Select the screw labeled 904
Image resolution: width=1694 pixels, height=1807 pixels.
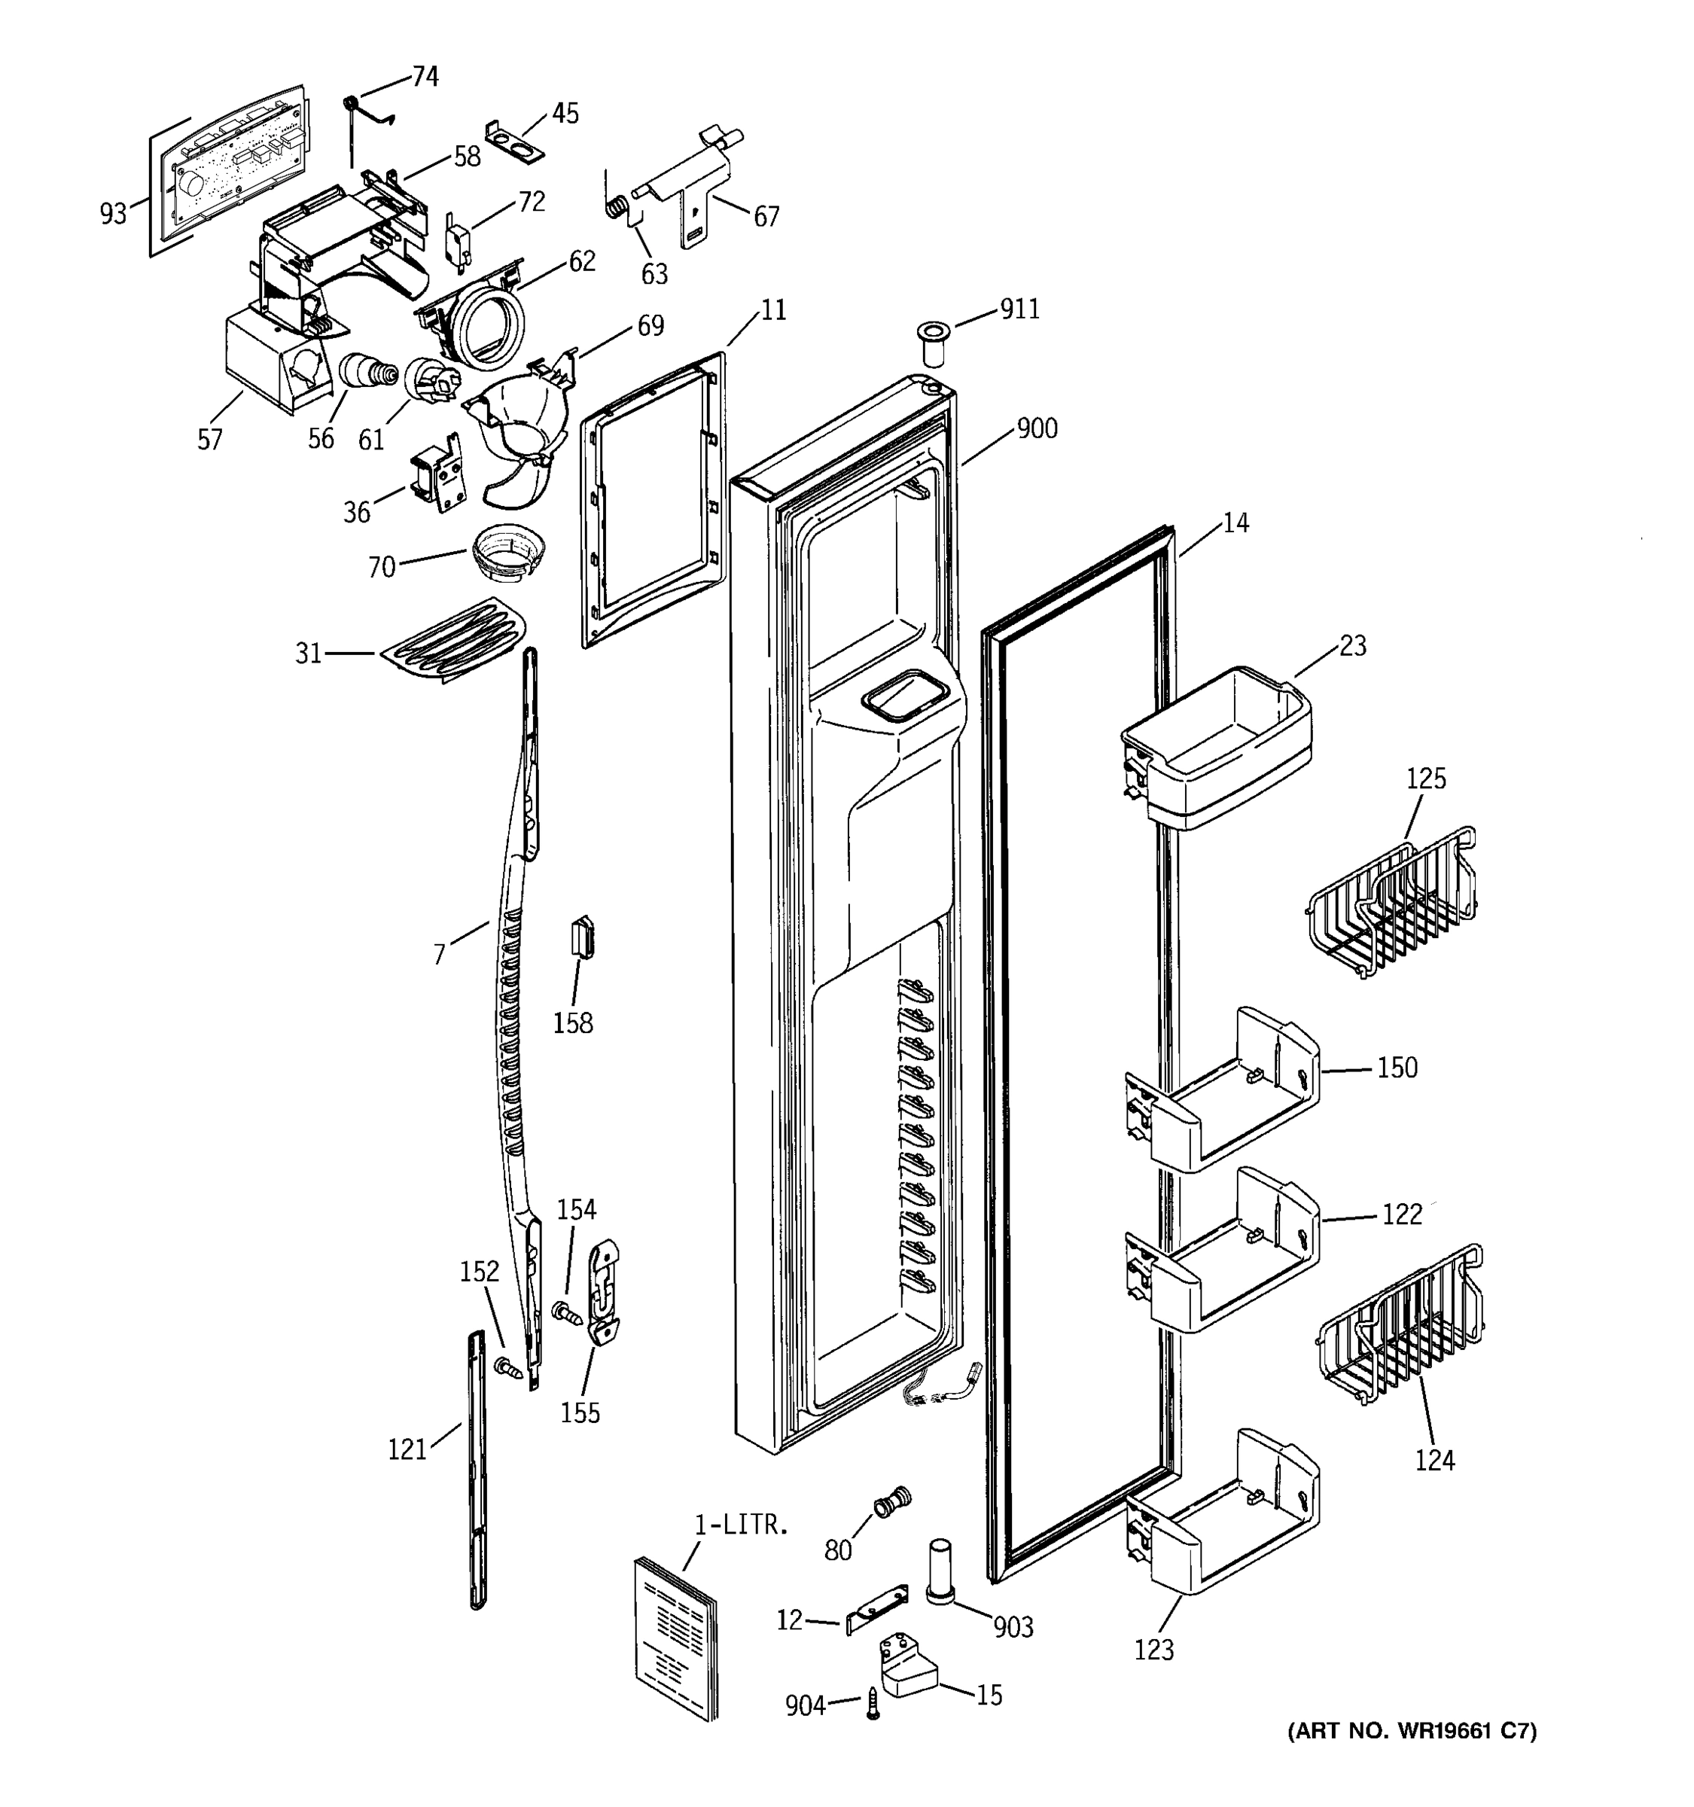[x=873, y=1703]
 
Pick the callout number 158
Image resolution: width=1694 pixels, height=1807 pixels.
[x=572, y=1023]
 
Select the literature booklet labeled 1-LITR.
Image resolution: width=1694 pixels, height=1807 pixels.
[x=675, y=1636]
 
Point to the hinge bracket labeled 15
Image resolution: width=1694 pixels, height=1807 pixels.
[x=903, y=1668]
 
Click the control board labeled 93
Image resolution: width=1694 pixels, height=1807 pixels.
[x=234, y=166]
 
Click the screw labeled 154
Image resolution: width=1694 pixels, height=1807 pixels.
[x=567, y=1312]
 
